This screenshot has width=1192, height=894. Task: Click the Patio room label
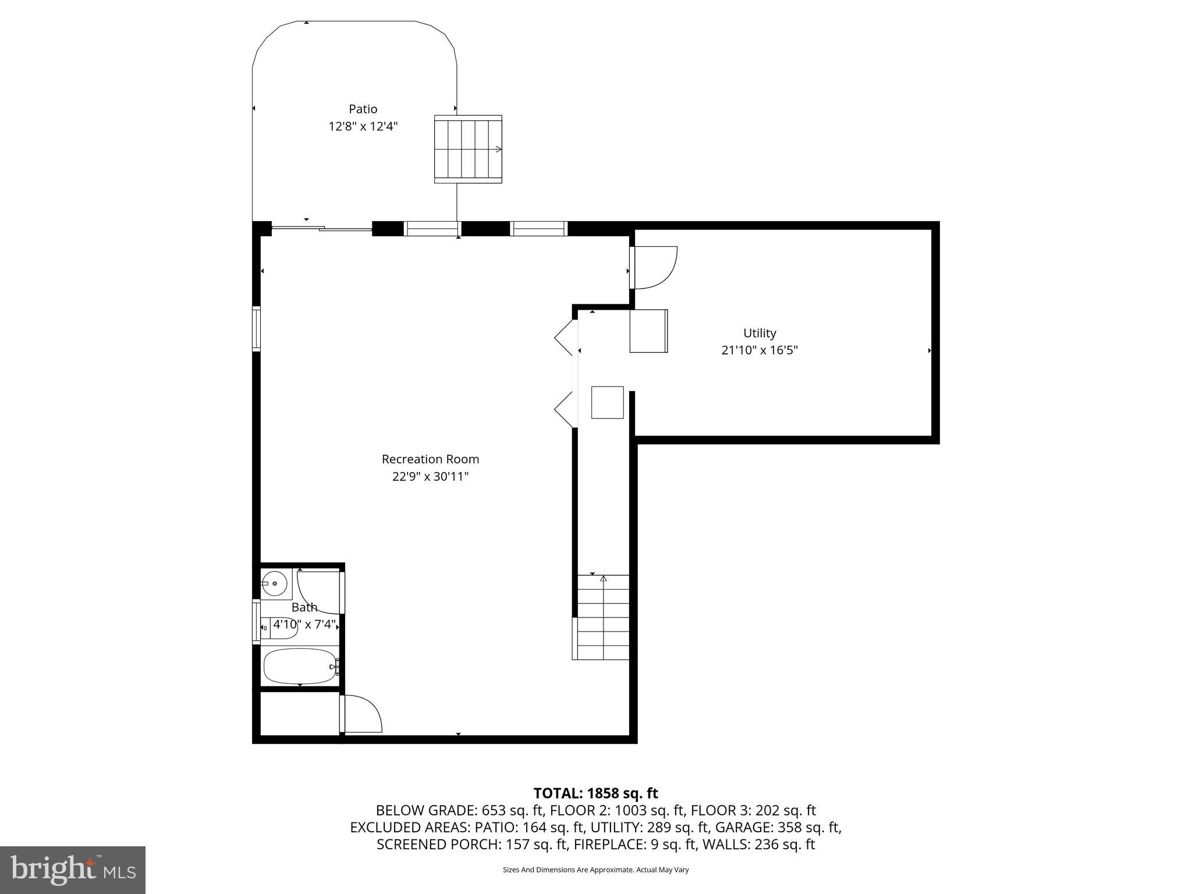click(x=363, y=109)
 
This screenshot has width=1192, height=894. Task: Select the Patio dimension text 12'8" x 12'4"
click(x=363, y=126)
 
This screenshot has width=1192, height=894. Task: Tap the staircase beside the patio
click(x=468, y=149)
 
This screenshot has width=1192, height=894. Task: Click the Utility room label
click(x=759, y=333)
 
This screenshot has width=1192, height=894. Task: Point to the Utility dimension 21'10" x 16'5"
click(x=759, y=350)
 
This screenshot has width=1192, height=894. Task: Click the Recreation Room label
click(x=430, y=459)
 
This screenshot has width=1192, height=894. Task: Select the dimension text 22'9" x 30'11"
click(x=430, y=477)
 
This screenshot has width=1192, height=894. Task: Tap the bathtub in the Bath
click(x=299, y=666)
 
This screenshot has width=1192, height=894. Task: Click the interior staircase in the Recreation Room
click(x=603, y=617)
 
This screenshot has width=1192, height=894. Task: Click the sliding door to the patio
click(x=322, y=229)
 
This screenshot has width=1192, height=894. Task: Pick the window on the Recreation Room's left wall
click(x=256, y=328)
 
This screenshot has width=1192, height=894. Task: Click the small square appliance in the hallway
click(x=607, y=402)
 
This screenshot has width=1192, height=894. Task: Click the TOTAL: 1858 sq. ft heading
click(x=595, y=793)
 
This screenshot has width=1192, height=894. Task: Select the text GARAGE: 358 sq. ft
click(x=778, y=827)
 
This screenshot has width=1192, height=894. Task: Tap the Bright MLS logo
click(x=72, y=870)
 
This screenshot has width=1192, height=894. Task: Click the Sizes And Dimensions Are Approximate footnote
click(x=595, y=870)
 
